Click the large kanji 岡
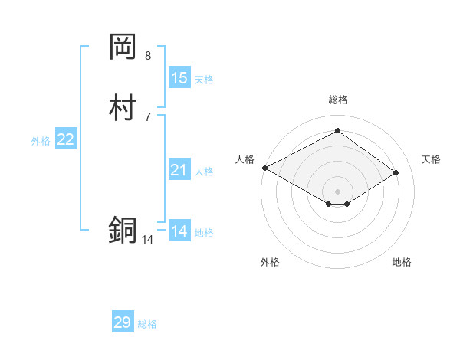click(x=123, y=47)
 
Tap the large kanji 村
click(x=123, y=107)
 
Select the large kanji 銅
click(x=123, y=230)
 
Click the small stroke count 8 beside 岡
click(x=148, y=56)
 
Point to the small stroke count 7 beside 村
click(x=148, y=116)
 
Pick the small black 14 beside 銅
click(x=147, y=240)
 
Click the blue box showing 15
click(x=179, y=78)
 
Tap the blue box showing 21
click(x=179, y=170)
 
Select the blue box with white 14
click(x=179, y=231)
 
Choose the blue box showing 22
click(x=66, y=139)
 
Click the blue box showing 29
click(x=123, y=322)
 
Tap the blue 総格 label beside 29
click(x=147, y=324)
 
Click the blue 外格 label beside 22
click(x=41, y=141)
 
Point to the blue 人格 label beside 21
click(x=204, y=172)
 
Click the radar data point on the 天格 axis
click(x=396, y=172)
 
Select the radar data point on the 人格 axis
click(x=264, y=167)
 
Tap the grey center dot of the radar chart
click(x=337, y=191)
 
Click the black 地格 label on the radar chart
click(x=402, y=262)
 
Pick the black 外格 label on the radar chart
click(x=270, y=262)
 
